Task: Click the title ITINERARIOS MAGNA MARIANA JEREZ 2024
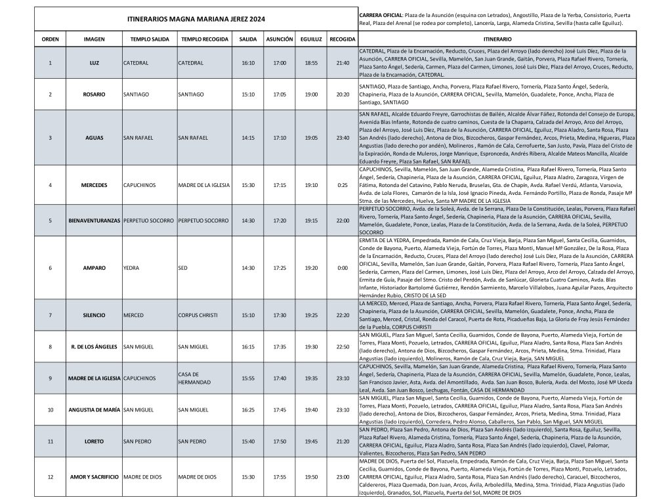click(x=196, y=20)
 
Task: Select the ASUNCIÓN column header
click(x=280, y=39)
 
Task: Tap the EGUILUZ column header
click(x=311, y=39)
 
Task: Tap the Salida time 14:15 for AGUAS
click(x=248, y=138)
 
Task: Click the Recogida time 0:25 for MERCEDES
click(x=343, y=185)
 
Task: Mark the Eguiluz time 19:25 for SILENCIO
click(x=311, y=315)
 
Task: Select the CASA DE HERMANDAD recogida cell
click(x=196, y=378)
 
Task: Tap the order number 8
click(x=51, y=346)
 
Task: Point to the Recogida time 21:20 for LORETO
click(x=343, y=442)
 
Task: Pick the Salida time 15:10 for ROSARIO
click(x=248, y=94)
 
